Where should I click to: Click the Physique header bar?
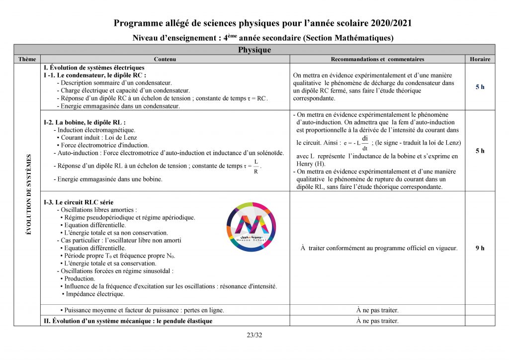(254, 50)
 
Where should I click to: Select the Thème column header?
(27, 59)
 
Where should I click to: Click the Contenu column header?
(165, 59)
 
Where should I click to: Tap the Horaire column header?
(480, 59)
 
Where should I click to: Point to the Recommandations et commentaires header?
(377, 59)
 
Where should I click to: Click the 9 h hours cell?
(480, 248)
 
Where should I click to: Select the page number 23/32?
(254, 335)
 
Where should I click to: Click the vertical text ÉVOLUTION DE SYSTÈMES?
(28, 194)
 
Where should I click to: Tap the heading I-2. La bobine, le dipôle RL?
(85, 122)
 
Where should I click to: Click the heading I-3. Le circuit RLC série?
(79, 202)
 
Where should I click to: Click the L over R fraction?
(256, 167)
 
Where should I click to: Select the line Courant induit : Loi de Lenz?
(98, 138)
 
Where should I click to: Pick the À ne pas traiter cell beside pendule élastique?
(377, 321)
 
